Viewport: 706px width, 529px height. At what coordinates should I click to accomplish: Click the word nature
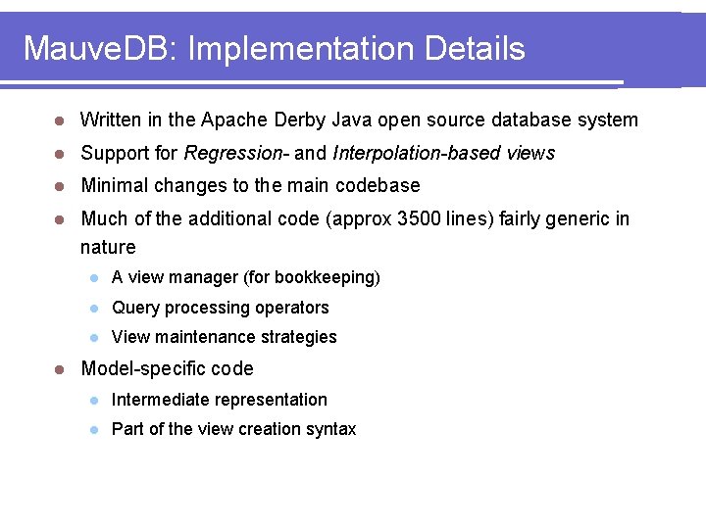pyautogui.click(x=108, y=247)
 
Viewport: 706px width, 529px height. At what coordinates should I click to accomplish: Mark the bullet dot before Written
pyautogui.click(x=59, y=120)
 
